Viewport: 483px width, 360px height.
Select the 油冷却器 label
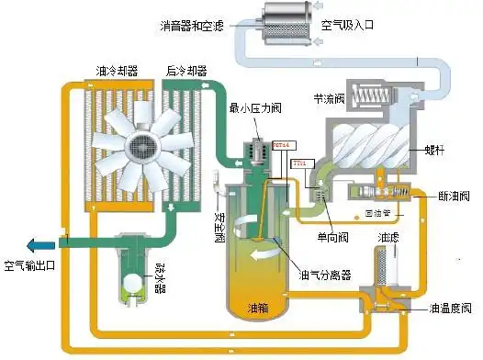(118, 70)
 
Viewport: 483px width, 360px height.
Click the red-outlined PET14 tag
(282, 144)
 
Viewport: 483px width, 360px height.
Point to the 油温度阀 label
(441, 308)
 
